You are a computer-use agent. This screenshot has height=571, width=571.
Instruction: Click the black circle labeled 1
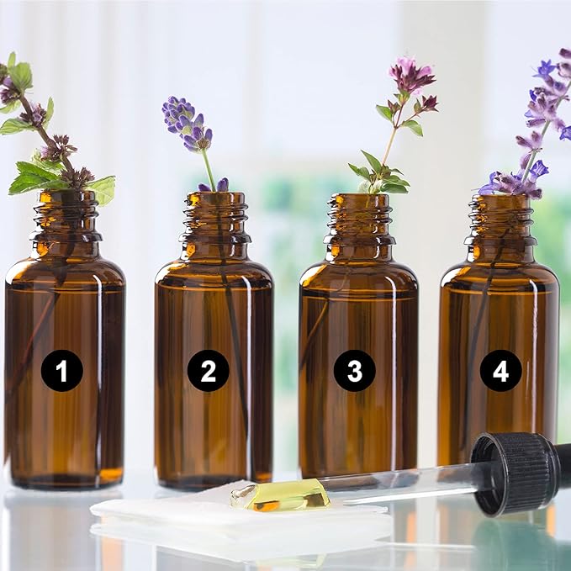tap(62, 371)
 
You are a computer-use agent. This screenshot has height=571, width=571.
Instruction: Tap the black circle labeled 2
tap(209, 371)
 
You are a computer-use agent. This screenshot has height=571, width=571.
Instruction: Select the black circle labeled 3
tap(355, 371)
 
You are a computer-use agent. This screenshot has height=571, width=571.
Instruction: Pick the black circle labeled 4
tap(500, 371)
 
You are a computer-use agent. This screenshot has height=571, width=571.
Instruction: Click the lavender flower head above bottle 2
tap(187, 123)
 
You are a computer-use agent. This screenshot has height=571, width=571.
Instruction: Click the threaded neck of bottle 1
tap(66, 216)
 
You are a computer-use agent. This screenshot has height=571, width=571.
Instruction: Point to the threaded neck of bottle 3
tap(359, 219)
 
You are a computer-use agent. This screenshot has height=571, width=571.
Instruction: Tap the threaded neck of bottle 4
tap(500, 220)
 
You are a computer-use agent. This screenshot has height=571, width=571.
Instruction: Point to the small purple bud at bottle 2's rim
tap(223, 185)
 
